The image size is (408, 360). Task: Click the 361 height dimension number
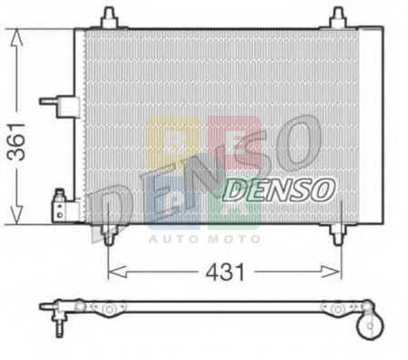pos(16,141)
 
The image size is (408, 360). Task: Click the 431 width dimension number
pos(225,272)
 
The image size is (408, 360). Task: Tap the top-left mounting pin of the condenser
pos(109,17)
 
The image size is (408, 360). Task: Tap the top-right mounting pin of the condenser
pos(338,17)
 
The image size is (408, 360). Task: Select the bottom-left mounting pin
pos(109,235)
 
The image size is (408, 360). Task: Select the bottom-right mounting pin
pos(338,235)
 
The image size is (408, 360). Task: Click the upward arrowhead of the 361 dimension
pos(16,37)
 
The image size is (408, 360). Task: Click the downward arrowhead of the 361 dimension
pos(16,215)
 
